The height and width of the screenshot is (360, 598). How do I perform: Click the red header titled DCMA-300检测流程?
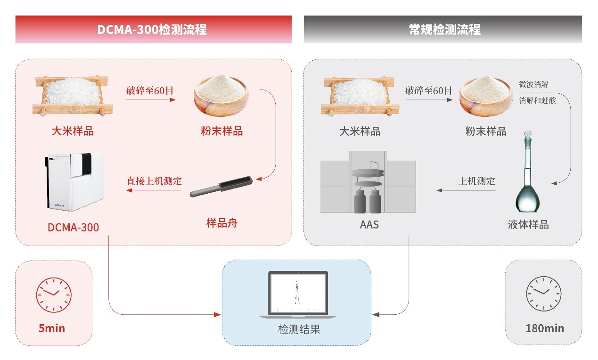pos(154,29)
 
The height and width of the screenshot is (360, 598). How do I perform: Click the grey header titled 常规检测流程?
pos(442,29)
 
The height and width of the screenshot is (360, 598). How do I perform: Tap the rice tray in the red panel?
pos(73,96)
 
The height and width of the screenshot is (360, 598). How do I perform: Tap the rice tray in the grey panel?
pos(360,96)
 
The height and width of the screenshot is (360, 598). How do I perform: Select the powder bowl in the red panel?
pos(221,95)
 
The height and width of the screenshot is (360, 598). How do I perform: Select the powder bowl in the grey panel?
pos(486,96)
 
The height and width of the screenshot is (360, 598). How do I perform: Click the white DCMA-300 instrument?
pos(74,182)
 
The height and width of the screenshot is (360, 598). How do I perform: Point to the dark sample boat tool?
pos(221,186)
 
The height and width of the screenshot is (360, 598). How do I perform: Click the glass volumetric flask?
pos(527,172)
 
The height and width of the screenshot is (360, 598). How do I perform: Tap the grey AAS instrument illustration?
pos(368,182)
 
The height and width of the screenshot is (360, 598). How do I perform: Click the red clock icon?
pos(54,295)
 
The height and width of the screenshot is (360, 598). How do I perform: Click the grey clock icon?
pos(543,294)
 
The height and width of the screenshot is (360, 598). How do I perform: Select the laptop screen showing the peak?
pos(298,293)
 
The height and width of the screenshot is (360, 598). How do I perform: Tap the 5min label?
pos(52,328)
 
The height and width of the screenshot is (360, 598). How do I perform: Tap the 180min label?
pos(545,328)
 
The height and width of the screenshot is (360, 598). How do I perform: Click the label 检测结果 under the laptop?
pos(299,329)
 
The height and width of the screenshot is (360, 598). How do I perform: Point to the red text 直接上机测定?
pos(154,181)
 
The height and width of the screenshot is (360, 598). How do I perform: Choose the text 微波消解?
pos(533,85)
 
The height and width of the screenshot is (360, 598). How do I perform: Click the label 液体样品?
pos(528,225)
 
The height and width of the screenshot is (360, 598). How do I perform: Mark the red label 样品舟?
pos(222,223)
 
